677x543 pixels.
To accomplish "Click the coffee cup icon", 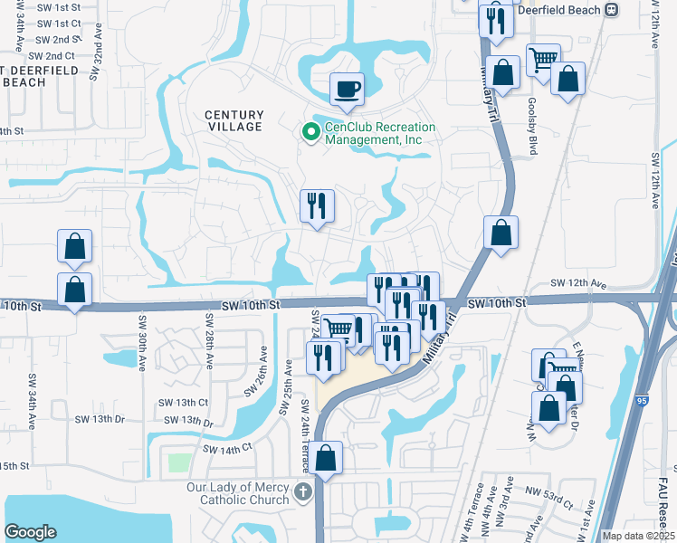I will pos(348,90).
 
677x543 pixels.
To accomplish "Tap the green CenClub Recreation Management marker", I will pos(311,133).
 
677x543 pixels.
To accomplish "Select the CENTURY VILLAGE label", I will pos(234,120).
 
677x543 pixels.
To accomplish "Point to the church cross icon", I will pos(303,493).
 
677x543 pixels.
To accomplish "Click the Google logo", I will pos(30,532).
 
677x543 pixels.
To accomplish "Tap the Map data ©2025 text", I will pos(637,536).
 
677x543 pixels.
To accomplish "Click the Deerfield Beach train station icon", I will pos(612,9).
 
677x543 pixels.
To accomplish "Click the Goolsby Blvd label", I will pos(532,128).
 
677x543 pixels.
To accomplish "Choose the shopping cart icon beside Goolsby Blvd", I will pos(543,61).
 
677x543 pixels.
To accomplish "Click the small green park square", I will pos(179,462).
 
